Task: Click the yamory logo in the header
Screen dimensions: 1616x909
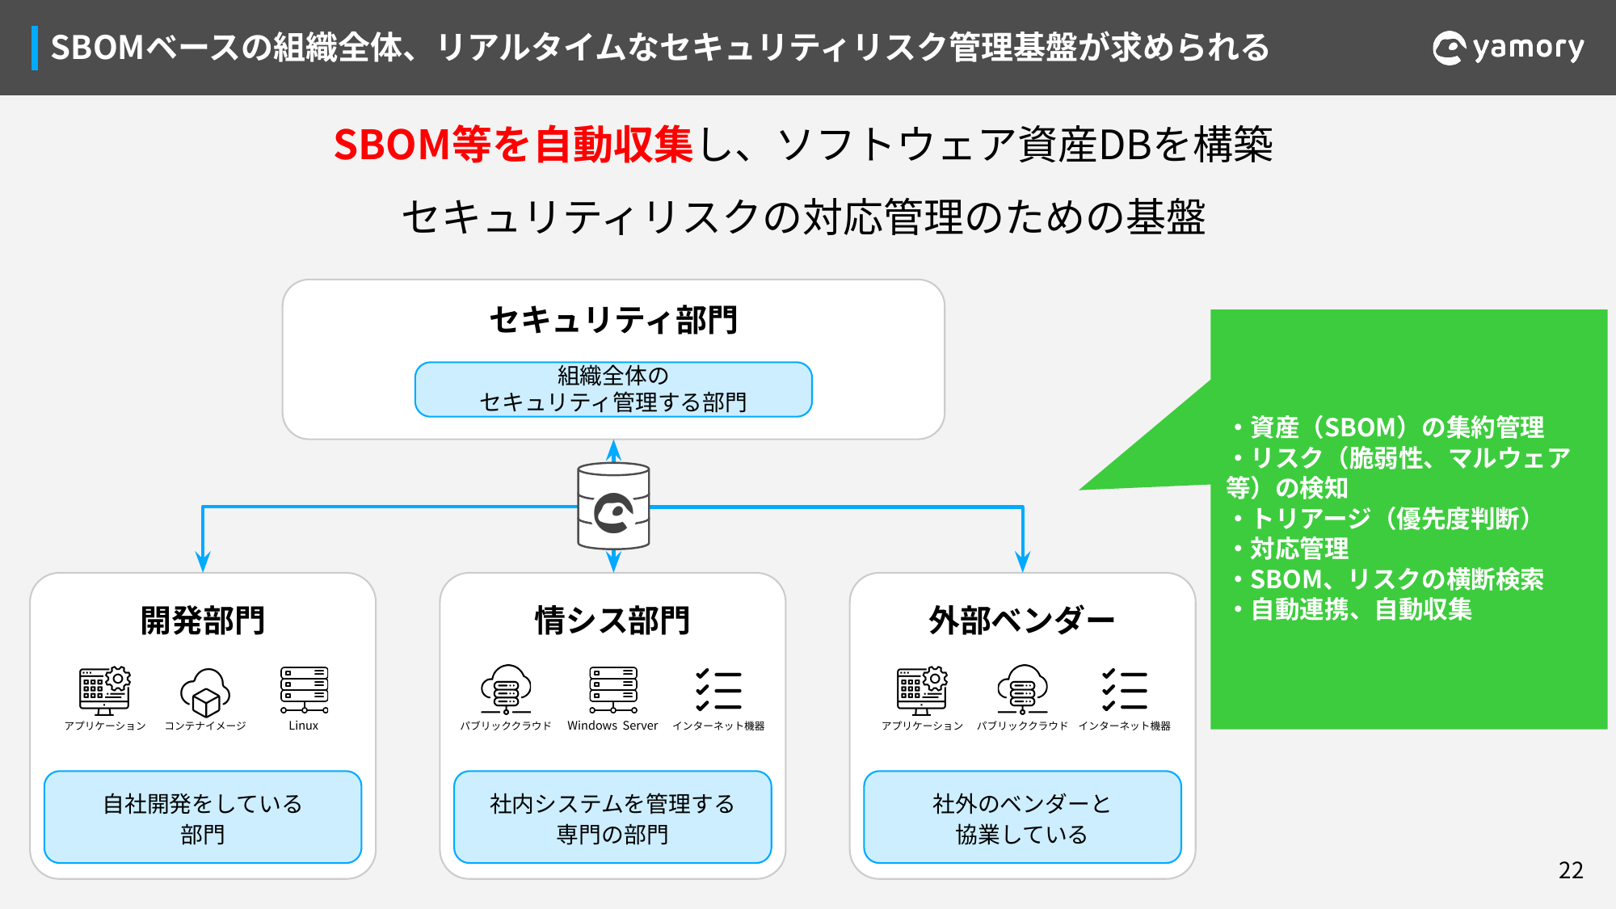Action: pyautogui.click(x=1508, y=48)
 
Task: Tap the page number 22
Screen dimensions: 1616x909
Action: pyautogui.click(x=1571, y=870)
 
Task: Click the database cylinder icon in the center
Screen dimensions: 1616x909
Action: pyautogui.click(x=613, y=507)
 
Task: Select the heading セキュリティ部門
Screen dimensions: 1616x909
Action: pyautogui.click(x=613, y=320)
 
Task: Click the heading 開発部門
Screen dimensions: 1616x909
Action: pyautogui.click(x=203, y=621)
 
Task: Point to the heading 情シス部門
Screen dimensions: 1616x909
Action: pyautogui.click(x=612, y=621)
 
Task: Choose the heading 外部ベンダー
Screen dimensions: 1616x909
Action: pyautogui.click(x=1022, y=621)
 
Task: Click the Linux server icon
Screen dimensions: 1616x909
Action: pyautogui.click(x=304, y=690)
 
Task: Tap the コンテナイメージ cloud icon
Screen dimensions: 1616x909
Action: pyautogui.click(x=205, y=692)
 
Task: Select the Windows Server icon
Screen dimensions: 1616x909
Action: pyautogui.click(x=613, y=690)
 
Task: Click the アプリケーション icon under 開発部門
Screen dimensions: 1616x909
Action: pyautogui.click(x=105, y=691)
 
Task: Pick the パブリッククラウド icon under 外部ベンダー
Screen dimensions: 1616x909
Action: pyautogui.click(x=1023, y=690)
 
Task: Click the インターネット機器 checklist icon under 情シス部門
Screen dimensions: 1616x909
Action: pyautogui.click(x=718, y=690)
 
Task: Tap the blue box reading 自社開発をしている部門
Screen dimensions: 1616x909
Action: pyautogui.click(x=203, y=817)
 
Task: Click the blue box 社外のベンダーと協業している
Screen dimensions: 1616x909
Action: pyautogui.click(x=1022, y=817)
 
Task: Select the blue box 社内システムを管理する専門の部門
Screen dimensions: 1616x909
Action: pyautogui.click(x=612, y=817)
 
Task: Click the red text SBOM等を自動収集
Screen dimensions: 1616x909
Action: pyautogui.click(x=513, y=145)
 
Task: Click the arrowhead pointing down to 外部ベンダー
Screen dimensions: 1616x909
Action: pyautogui.click(x=1023, y=562)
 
